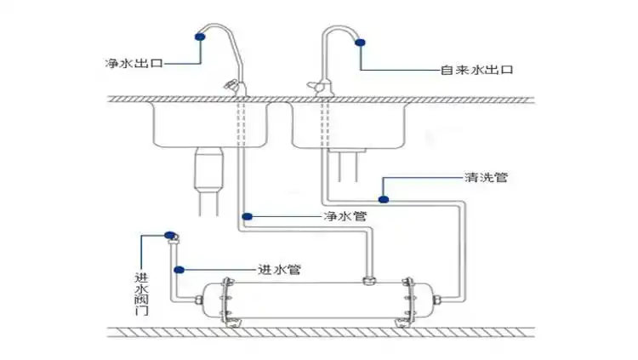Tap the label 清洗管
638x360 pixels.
point(487,179)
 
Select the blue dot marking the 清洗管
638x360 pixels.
point(384,199)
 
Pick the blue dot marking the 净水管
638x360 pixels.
point(246,215)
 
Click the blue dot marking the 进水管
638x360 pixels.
point(179,270)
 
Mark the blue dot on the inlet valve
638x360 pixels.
point(169,235)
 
